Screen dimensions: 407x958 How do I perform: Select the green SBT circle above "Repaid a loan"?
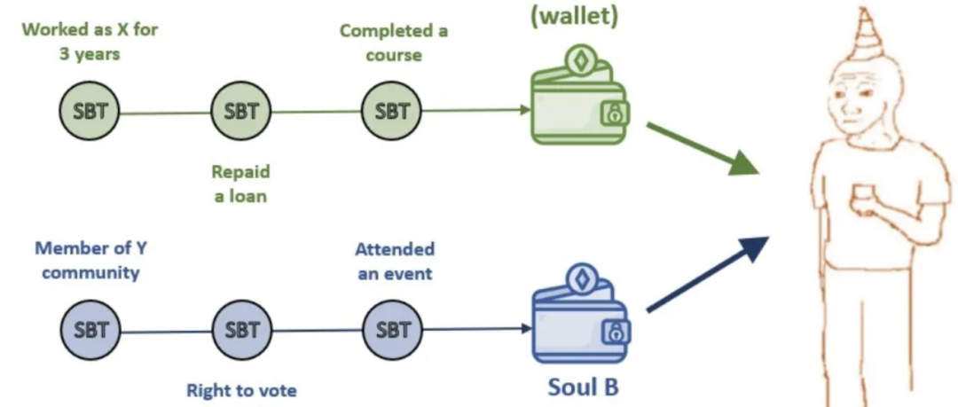pos(241,112)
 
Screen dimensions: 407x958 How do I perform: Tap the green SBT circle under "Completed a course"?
pos(392,112)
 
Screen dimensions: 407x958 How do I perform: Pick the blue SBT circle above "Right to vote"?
pos(241,330)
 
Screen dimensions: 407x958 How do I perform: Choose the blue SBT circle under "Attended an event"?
pos(392,330)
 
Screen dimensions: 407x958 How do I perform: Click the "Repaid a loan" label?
pos(240,184)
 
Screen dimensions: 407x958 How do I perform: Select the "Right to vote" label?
pos(241,390)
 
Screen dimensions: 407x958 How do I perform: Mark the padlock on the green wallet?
pos(612,113)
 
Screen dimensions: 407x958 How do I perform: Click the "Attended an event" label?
pos(395,262)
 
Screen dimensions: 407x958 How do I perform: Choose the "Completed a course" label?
pos(394,43)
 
